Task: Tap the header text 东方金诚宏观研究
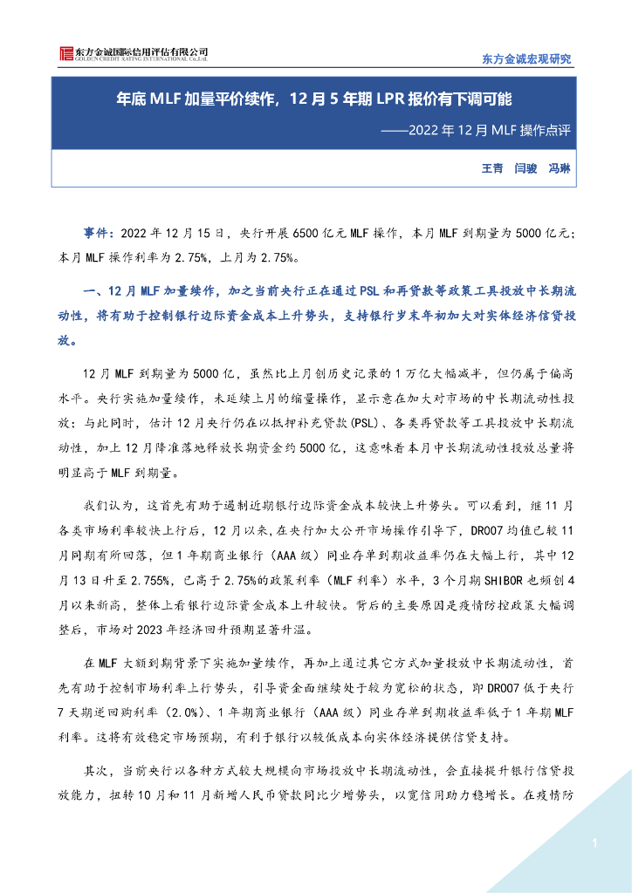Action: [526, 59]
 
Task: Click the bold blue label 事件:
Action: [99, 234]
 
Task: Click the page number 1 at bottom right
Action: [594, 843]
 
